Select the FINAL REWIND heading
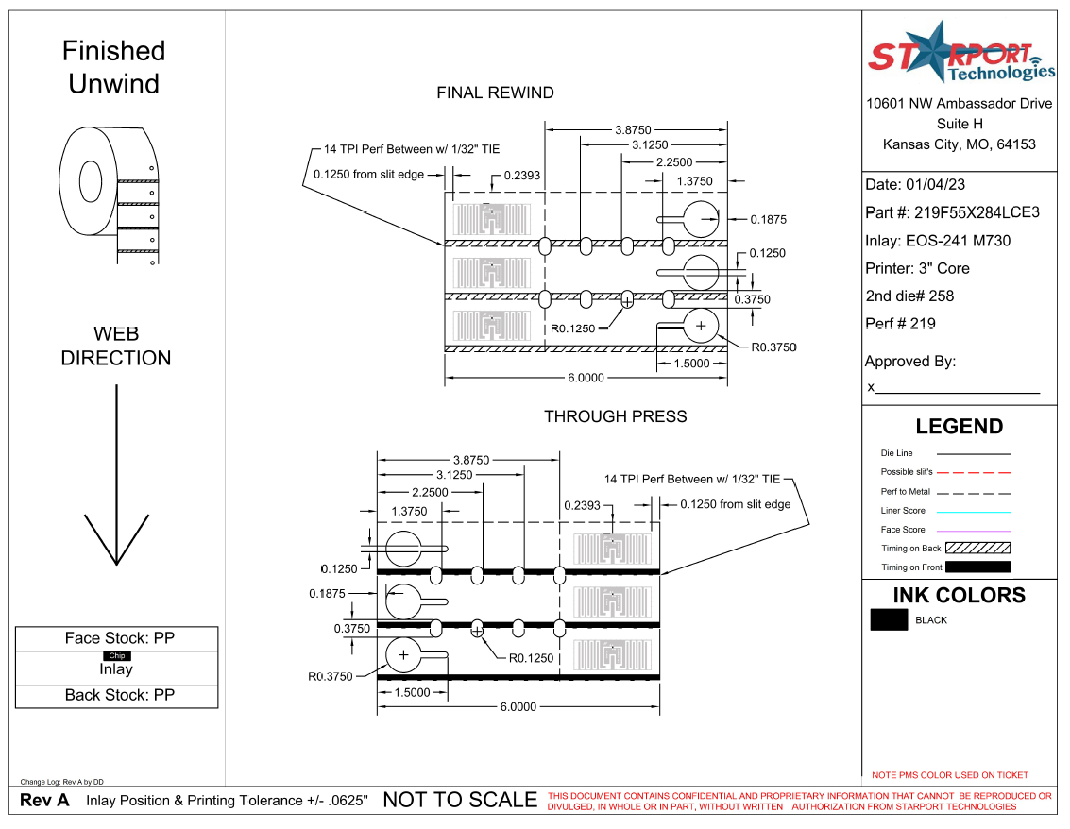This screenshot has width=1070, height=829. [495, 93]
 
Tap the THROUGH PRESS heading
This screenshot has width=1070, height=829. [615, 416]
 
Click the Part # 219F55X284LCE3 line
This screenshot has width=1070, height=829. [952, 212]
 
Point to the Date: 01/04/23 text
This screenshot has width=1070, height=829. [915, 185]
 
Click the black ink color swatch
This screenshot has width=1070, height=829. [889, 620]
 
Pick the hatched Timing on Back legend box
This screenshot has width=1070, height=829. [977, 548]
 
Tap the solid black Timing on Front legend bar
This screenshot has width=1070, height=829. [977, 567]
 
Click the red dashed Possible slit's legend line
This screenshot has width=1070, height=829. [973, 472]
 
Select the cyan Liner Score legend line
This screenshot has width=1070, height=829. [973, 511]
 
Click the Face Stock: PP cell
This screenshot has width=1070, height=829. [119, 638]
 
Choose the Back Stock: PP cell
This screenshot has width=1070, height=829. [119, 695]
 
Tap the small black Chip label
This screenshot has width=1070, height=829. [117, 655]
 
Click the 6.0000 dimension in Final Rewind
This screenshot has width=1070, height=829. [586, 378]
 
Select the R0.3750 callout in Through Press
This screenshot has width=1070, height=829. [331, 676]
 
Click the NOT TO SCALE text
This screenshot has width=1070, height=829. [459, 800]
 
